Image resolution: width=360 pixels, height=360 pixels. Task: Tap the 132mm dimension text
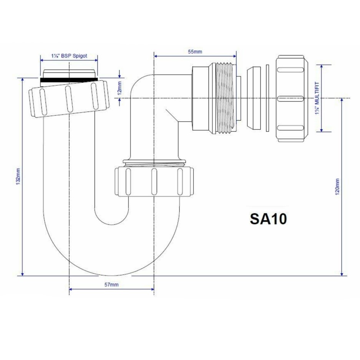click(x=18, y=176)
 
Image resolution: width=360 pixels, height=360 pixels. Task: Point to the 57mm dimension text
click(x=111, y=285)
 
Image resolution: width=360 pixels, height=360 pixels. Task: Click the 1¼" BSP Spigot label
click(x=69, y=56)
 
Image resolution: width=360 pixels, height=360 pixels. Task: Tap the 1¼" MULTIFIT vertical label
click(x=317, y=98)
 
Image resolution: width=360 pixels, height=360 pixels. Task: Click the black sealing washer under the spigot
click(x=69, y=81)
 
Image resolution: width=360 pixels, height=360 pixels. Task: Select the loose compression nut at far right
click(x=292, y=98)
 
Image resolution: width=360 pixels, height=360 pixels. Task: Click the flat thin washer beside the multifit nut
click(x=267, y=98)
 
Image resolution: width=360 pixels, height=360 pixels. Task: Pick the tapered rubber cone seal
click(x=253, y=98)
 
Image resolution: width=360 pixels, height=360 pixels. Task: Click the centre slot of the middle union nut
click(x=153, y=181)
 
